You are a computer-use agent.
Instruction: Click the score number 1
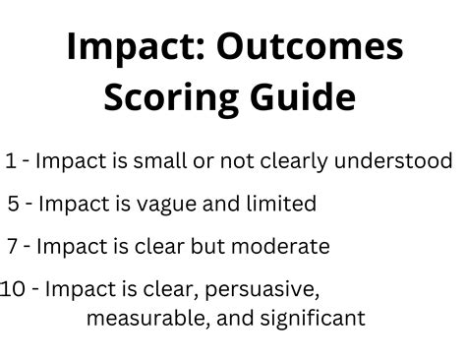click(x=11, y=160)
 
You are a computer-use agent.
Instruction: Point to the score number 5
click(x=13, y=204)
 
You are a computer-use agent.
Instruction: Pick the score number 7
click(x=13, y=246)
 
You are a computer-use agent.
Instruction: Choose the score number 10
click(x=13, y=289)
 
